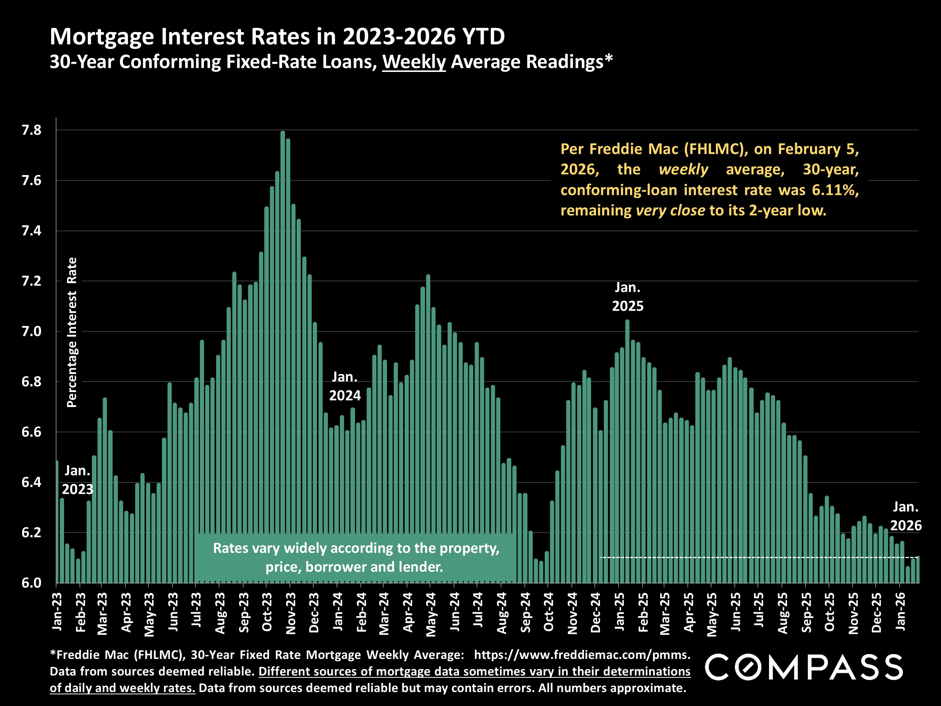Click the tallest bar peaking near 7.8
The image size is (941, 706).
282,357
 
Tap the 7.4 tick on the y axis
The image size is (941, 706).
32,231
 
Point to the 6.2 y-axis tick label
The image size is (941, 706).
32,533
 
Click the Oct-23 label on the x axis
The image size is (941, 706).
267,612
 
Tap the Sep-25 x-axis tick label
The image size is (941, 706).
806,612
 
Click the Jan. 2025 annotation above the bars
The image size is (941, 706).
627,297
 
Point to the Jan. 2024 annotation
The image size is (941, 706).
344,386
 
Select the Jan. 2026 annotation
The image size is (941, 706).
906,516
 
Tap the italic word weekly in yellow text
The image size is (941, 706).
683,169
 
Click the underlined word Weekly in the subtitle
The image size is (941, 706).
414,62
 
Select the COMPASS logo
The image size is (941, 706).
804,667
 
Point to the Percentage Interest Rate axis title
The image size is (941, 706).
72,332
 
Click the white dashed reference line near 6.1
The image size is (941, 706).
757,557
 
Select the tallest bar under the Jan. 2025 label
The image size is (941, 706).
627,451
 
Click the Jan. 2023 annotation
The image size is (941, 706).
78,480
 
